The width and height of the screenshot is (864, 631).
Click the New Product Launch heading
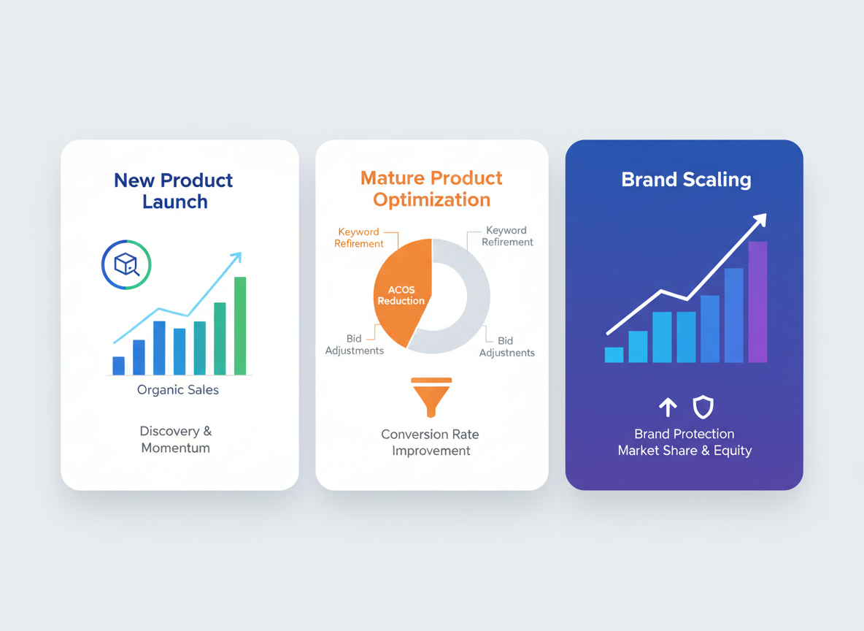tap(174, 191)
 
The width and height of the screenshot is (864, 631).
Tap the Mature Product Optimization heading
tap(431, 188)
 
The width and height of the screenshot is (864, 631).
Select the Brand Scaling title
tap(686, 180)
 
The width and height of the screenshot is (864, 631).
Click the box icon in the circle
tap(126, 264)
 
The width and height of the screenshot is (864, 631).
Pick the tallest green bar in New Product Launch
tap(240, 326)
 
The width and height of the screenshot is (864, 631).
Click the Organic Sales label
tap(178, 390)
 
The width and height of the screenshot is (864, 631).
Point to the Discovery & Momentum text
tap(176, 439)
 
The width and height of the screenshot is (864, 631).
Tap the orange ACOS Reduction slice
tap(401, 295)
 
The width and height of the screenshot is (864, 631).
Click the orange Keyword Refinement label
tap(358, 237)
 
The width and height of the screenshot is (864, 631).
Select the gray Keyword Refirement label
tap(506, 236)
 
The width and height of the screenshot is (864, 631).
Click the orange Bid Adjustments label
tap(354, 345)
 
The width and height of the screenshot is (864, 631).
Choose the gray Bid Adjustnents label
tap(506, 347)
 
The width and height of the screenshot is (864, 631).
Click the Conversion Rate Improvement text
tap(431, 443)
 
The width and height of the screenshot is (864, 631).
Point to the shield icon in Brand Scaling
tap(703, 407)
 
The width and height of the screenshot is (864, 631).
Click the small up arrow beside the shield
tap(668, 408)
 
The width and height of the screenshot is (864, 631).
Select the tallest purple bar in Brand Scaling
tap(757, 302)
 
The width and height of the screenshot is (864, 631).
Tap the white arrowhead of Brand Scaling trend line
tap(760, 220)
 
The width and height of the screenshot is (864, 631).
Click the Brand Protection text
tap(684, 434)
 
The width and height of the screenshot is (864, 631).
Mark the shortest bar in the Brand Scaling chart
tap(614, 355)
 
